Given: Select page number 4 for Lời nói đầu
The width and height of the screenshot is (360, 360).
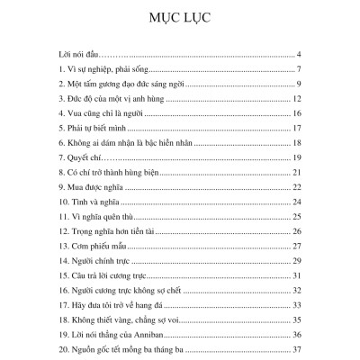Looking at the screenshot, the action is [298, 55].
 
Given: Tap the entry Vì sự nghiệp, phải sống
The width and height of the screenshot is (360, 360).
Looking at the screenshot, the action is [100, 70].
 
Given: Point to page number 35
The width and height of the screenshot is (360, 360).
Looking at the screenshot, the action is [296, 318].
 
